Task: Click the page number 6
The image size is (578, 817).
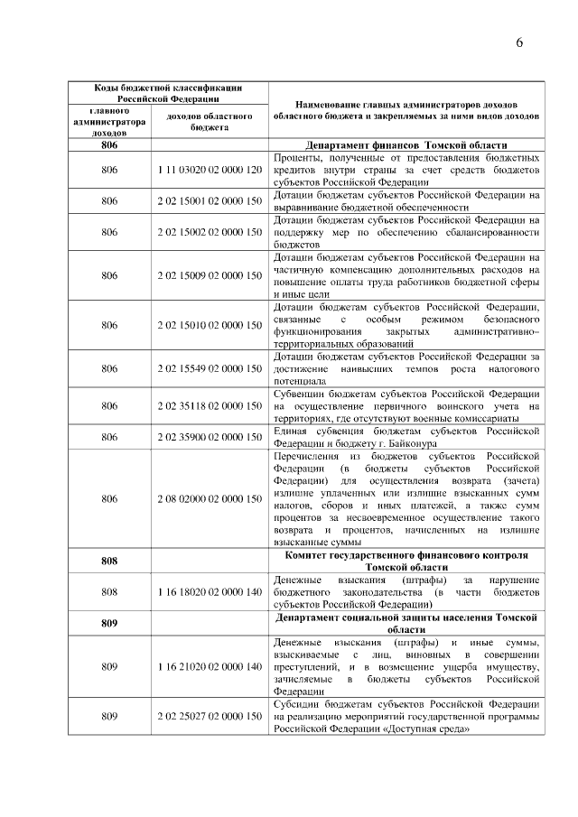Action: pyautogui.click(x=520, y=42)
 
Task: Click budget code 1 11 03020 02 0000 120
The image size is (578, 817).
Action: pyautogui.click(x=209, y=170)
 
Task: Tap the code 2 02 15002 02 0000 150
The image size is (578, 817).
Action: pyautogui.click(x=209, y=232)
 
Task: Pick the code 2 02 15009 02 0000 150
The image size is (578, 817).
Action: pyautogui.click(x=209, y=275)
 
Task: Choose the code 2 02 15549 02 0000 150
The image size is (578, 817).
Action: pyautogui.click(x=209, y=368)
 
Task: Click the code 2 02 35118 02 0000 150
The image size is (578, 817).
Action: pyautogui.click(x=209, y=406)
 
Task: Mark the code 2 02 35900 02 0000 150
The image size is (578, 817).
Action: pyautogui.click(x=209, y=438)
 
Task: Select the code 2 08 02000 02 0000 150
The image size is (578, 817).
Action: pyautogui.click(x=209, y=498)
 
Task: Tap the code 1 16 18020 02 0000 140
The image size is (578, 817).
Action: pyautogui.click(x=209, y=591)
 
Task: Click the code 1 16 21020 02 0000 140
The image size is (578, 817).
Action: pyautogui.click(x=209, y=666)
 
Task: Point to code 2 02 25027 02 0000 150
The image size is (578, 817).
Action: pyautogui.click(x=209, y=716)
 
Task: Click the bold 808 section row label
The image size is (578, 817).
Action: pyautogui.click(x=109, y=561)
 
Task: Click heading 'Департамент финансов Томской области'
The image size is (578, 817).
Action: pyautogui.click(x=406, y=144)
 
